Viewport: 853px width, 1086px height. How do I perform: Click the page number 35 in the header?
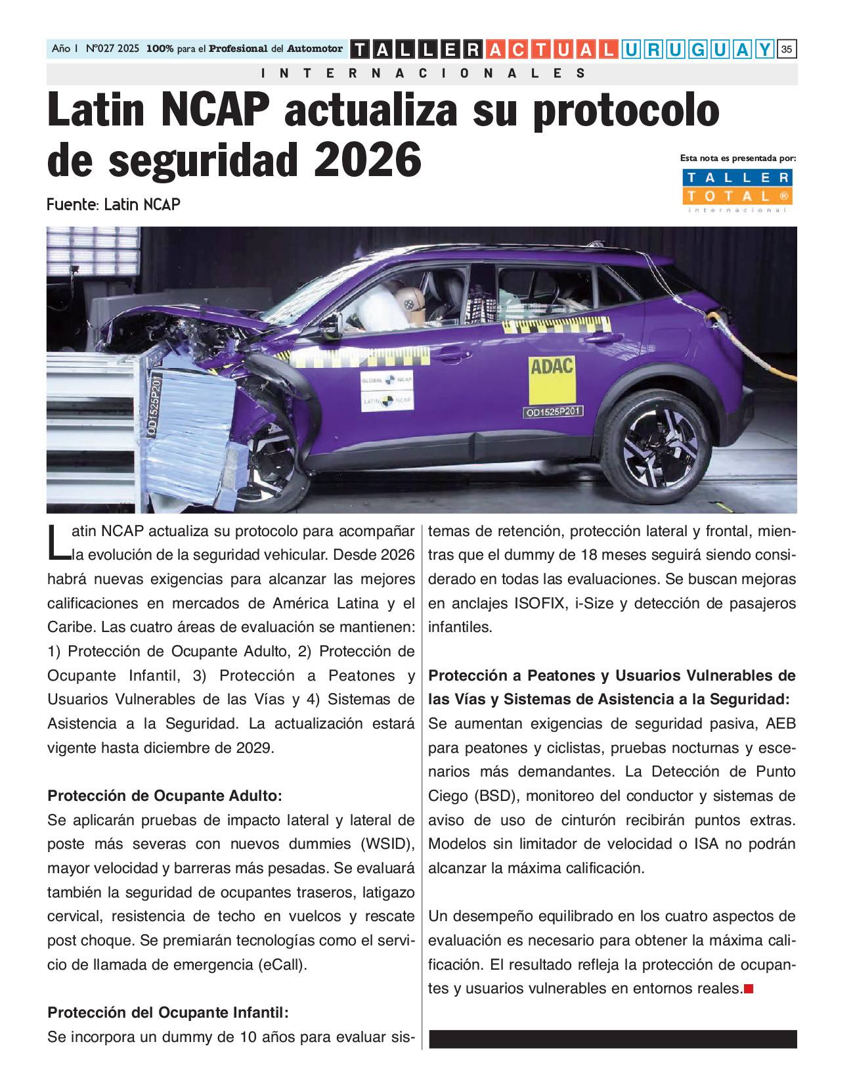click(786, 49)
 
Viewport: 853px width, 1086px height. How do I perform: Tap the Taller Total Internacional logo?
click(737, 190)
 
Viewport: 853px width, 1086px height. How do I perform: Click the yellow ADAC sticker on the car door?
click(552, 380)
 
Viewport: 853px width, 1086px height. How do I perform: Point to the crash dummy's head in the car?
click(410, 303)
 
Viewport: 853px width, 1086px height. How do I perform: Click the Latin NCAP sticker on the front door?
click(387, 399)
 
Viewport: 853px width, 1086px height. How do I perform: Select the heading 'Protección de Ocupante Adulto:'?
click(165, 796)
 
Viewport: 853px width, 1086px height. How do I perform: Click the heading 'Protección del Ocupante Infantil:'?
click(168, 1012)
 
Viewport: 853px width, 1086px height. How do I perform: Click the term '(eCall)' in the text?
click(282, 964)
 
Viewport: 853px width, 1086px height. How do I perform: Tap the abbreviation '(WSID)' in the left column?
click(387, 844)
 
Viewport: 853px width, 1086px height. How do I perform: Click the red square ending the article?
click(749, 989)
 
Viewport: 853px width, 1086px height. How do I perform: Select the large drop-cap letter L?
click(58, 543)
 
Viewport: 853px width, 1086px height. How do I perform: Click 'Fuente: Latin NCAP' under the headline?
click(114, 205)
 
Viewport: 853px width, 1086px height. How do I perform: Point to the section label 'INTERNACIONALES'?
click(422, 74)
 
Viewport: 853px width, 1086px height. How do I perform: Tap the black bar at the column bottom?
click(612, 1039)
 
